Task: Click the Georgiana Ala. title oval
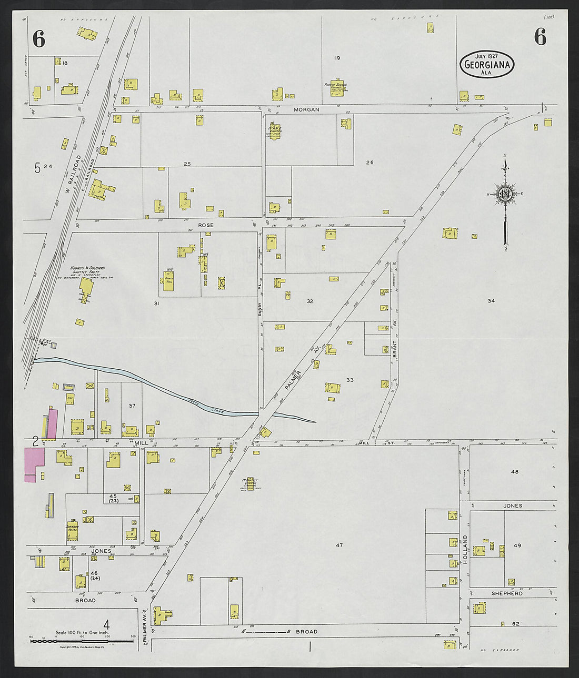pos(486,64)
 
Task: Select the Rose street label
pos(206,225)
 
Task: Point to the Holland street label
pos(465,549)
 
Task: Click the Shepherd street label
pos(507,593)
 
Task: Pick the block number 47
pos(339,545)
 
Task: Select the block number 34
pos(491,301)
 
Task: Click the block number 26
pos(370,163)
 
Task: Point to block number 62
pos(515,624)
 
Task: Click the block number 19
pos(337,58)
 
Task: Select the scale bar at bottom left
pos(82,641)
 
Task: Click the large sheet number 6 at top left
pos(38,39)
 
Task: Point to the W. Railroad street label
pos(73,174)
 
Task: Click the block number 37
pos(132,406)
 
